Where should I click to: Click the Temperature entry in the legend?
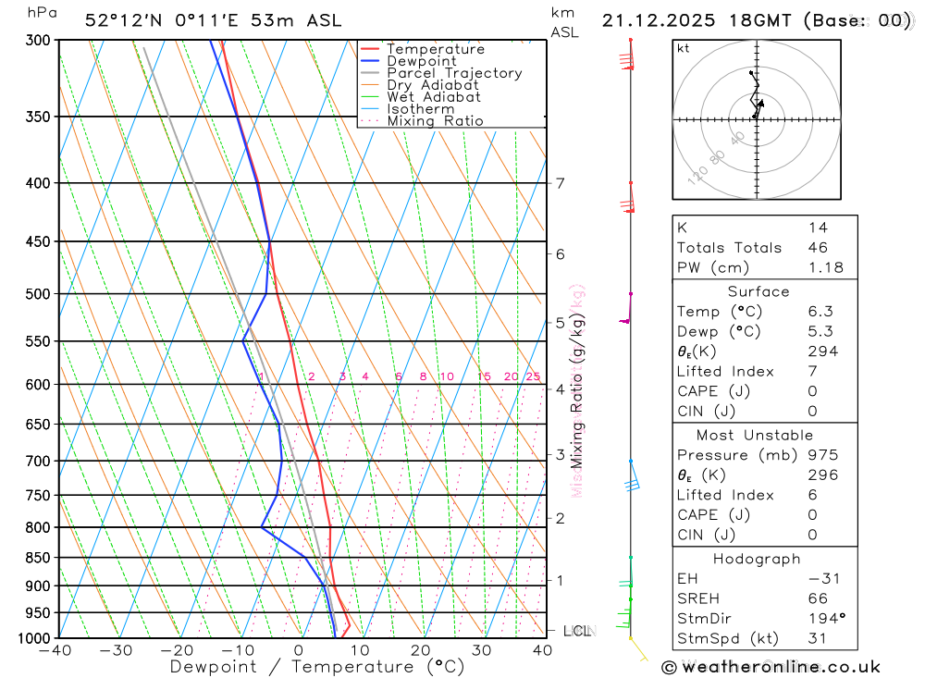click(x=435, y=49)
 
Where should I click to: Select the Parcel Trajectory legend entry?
click(x=454, y=73)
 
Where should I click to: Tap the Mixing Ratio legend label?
click(x=435, y=121)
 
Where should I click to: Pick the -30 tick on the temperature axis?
click(x=116, y=650)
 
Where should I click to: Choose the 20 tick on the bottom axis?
click(x=421, y=650)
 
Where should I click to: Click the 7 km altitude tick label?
click(x=561, y=183)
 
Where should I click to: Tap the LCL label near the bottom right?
click(x=576, y=631)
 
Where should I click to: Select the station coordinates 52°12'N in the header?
click(x=122, y=20)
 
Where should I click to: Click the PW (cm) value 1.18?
click(x=825, y=267)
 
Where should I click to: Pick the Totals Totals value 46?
click(x=818, y=247)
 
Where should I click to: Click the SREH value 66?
click(x=818, y=598)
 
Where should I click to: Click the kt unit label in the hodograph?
click(x=684, y=48)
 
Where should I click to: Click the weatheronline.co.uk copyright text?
click(x=771, y=667)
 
